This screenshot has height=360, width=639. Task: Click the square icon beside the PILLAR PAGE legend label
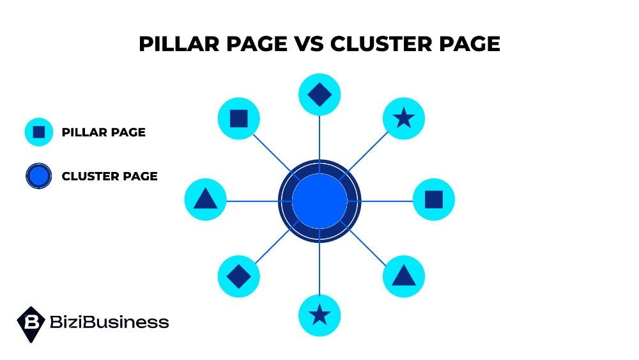pos(39,132)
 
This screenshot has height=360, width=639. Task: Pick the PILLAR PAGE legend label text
pos(104,132)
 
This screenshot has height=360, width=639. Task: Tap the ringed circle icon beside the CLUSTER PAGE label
pos(39,176)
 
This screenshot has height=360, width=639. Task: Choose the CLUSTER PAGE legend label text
pos(109,176)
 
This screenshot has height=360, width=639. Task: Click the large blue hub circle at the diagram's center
pos(319,201)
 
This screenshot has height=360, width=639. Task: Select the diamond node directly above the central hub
pos(319,95)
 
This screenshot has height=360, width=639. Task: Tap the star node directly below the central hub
pos(319,315)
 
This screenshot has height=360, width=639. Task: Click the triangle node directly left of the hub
pos(205,200)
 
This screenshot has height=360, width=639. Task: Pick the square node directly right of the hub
pos(434,200)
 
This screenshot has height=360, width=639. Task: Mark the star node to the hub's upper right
pos(403,118)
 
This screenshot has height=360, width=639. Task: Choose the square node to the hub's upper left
pos(238,118)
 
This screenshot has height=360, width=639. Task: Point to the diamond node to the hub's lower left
pos(238,277)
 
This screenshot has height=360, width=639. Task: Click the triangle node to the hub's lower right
pos(403,276)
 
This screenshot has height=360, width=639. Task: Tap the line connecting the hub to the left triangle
pos(252,201)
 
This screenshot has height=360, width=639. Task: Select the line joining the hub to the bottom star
pos(319,269)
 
